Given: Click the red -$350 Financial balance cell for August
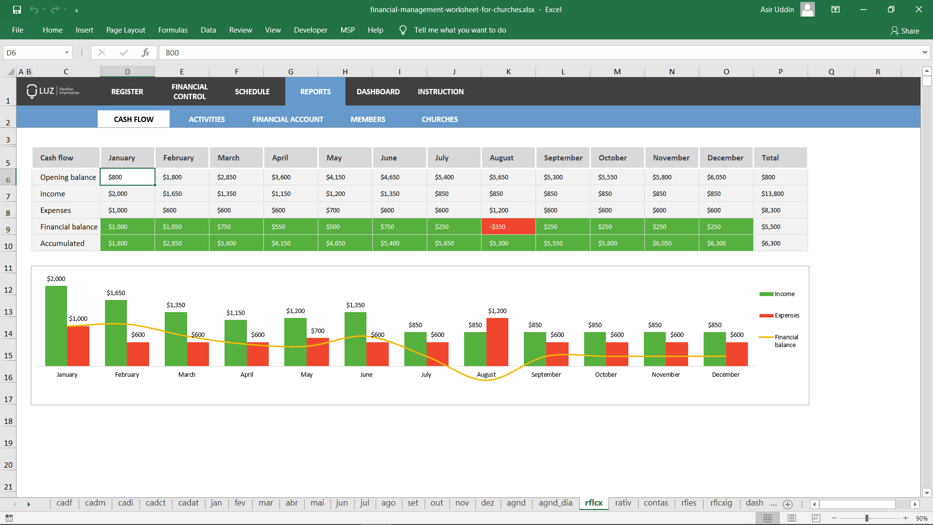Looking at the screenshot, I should pyautogui.click(x=508, y=227).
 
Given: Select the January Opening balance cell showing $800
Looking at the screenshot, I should pyautogui.click(x=127, y=177).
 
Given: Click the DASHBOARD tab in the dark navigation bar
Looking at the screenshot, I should pyautogui.click(x=378, y=91).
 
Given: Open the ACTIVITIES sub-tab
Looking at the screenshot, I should pyautogui.click(x=207, y=119).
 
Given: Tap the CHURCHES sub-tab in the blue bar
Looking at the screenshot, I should pyautogui.click(x=439, y=119).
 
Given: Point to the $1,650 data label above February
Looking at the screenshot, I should pyautogui.click(x=116, y=293).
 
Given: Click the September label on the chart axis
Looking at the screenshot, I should pyautogui.click(x=546, y=374).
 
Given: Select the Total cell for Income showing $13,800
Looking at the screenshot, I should pyautogui.click(x=779, y=193).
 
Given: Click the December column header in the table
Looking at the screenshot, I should pyautogui.click(x=725, y=158).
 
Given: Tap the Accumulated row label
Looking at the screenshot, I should pyautogui.click(x=62, y=243).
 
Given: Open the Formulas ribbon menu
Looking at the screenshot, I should pyautogui.click(x=173, y=30).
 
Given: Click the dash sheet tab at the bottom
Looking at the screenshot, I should pyautogui.click(x=754, y=503).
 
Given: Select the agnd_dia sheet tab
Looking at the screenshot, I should pyautogui.click(x=555, y=503).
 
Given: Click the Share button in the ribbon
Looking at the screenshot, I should pyautogui.click(x=905, y=31).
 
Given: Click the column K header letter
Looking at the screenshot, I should pyautogui.click(x=508, y=71).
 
